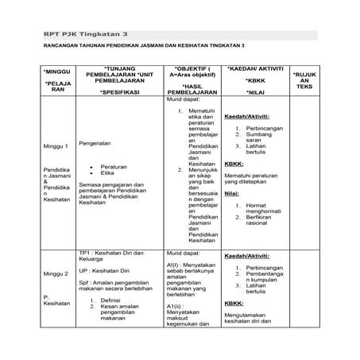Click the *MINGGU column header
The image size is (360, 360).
[x=58, y=72]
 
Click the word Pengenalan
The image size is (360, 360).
[x=95, y=145]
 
